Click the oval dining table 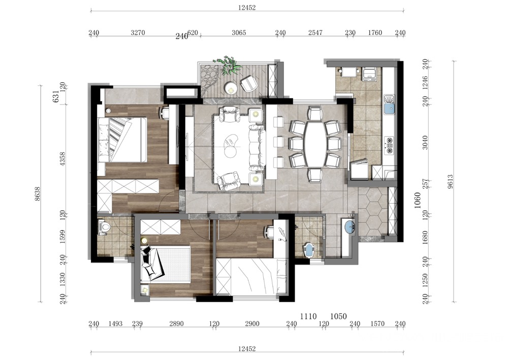314,144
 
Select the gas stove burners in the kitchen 389,145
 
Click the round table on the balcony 230,87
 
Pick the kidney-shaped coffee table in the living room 231,145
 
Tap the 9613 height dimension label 451,181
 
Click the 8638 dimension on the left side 38,194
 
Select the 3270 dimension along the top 138,32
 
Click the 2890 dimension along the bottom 177,323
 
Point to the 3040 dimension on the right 425,143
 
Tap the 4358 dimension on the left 62,159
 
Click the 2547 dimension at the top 315,32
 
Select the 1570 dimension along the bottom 377,323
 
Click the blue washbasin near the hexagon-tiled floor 350,226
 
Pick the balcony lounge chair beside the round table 249,83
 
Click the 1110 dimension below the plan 308,316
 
